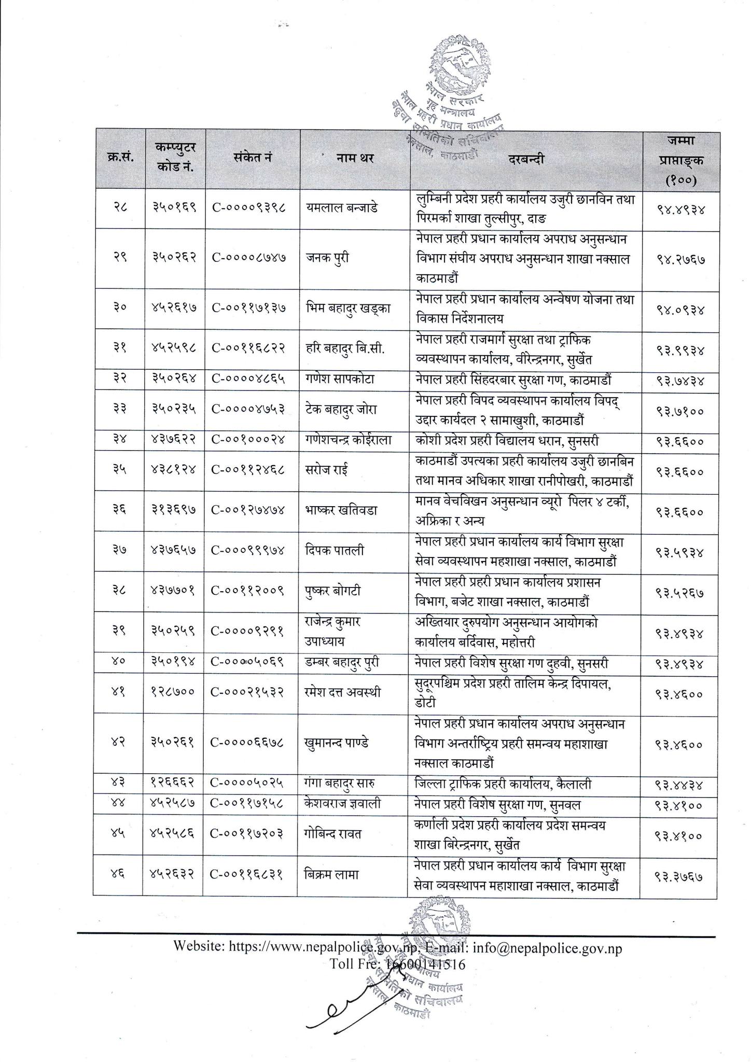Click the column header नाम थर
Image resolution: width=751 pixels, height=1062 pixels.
tap(355, 159)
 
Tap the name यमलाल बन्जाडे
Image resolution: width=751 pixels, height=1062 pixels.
tap(342, 207)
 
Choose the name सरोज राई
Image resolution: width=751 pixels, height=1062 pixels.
tap(327, 470)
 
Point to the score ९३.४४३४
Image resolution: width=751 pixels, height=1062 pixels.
tap(679, 785)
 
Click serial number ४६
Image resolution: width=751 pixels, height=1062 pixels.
tap(118, 875)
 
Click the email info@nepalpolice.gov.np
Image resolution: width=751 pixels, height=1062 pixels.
tap(548, 948)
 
